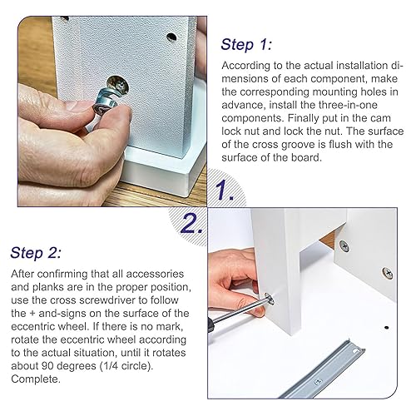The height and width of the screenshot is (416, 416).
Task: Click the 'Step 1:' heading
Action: [246, 45]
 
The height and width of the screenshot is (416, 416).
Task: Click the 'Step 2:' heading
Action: [36, 253]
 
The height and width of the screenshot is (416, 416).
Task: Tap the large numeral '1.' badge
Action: [225, 190]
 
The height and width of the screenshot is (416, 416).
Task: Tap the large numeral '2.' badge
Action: [191, 223]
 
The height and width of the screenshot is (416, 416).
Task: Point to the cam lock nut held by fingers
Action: [106, 102]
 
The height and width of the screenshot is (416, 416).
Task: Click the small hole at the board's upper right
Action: [171, 37]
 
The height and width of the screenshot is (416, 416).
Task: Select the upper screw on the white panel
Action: [344, 246]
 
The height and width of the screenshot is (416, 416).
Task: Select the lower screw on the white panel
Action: [388, 273]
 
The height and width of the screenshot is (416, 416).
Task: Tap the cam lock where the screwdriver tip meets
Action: [269, 299]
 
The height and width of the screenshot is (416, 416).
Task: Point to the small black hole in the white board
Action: [386, 328]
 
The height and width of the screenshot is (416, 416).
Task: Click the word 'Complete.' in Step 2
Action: [36, 379]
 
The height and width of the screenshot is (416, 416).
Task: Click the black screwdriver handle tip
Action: [212, 324]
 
